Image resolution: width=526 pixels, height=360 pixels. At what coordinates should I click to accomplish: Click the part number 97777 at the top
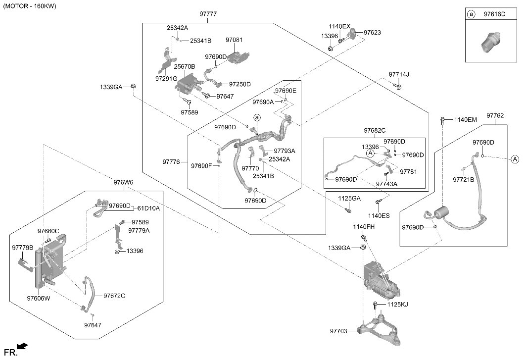click(x=208, y=14)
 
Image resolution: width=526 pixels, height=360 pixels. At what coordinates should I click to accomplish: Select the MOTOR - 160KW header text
click(x=30, y=6)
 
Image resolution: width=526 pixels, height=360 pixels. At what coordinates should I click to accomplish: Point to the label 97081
click(x=234, y=40)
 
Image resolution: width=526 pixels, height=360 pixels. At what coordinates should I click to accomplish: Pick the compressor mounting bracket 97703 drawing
click(x=379, y=329)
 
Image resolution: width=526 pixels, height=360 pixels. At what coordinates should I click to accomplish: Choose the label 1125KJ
click(x=397, y=305)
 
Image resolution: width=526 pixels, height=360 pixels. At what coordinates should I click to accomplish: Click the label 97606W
click(x=39, y=298)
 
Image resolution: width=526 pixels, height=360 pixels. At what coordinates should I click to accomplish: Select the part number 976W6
click(x=123, y=182)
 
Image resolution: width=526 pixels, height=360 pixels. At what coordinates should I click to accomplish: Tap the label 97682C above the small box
click(x=375, y=131)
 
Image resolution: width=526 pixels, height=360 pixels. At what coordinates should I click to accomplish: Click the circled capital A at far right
click(x=515, y=159)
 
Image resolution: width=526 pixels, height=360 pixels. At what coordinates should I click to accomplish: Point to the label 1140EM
click(x=465, y=119)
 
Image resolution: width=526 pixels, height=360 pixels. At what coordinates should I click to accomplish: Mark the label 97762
click(x=495, y=115)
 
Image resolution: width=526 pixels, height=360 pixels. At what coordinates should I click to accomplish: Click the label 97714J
click(x=399, y=75)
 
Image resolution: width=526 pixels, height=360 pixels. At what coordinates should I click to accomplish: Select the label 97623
click(x=372, y=33)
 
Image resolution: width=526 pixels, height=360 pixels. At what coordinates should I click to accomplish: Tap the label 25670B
click(x=184, y=67)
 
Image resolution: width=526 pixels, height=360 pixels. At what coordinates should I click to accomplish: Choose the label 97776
click(x=171, y=162)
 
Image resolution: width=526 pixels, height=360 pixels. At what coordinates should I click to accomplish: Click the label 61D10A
click(x=148, y=208)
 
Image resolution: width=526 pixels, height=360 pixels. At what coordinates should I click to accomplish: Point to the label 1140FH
click(x=364, y=227)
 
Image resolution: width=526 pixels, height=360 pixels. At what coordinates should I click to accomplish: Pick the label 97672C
click(x=114, y=296)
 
